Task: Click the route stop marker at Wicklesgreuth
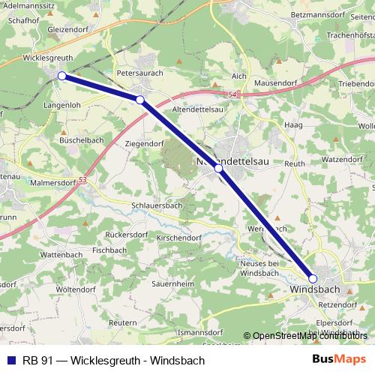pyautogui.click(x=61, y=76)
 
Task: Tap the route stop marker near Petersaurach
pyautogui.click(x=140, y=99)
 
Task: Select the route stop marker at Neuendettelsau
pyautogui.click(x=218, y=169)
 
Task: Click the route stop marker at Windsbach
pyautogui.click(x=313, y=279)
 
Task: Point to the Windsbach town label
pyautogui.click(x=316, y=289)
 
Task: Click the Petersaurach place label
pyautogui.click(x=141, y=75)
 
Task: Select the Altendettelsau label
pyautogui.click(x=200, y=110)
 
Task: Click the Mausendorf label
pyautogui.click(x=275, y=82)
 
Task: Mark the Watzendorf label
pyautogui.click(x=343, y=160)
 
